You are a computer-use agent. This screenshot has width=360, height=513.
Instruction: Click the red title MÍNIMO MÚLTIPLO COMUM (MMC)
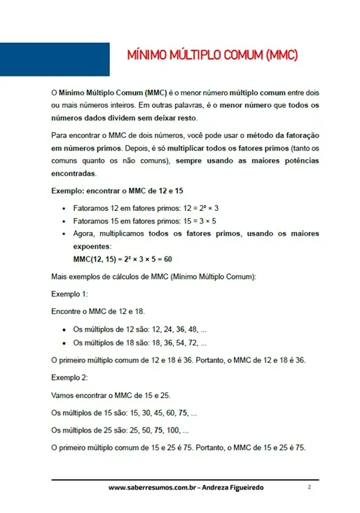(x=212, y=55)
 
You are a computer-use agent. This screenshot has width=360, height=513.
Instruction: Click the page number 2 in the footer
(x=309, y=486)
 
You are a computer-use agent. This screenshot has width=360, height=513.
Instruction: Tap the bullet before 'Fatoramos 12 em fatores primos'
(x=64, y=209)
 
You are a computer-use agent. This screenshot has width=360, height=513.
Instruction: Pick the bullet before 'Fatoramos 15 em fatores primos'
(x=64, y=221)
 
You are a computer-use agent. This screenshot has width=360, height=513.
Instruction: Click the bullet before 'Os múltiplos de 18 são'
(x=64, y=343)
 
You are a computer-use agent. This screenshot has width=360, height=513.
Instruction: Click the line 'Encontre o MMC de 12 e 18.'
(x=98, y=310)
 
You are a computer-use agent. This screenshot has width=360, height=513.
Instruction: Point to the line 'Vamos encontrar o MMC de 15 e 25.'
(x=110, y=395)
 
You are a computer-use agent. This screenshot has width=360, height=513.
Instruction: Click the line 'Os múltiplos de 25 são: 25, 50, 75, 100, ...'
(x=120, y=430)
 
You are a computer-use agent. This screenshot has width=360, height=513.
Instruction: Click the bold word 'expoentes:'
(x=92, y=247)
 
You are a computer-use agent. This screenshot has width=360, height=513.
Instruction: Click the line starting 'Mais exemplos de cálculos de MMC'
(x=154, y=277)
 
